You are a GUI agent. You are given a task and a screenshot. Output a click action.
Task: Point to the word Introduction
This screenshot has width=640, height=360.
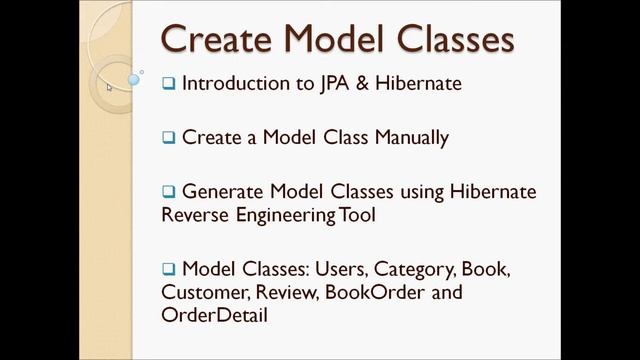[x=243, y=83]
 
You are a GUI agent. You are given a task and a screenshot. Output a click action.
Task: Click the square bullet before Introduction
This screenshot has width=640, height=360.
[x=169, y=84]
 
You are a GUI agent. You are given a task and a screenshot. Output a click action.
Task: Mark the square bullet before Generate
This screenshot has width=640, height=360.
[x=169, y=191]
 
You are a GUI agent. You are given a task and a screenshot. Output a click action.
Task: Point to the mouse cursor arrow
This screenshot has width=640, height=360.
[x=110, y=86]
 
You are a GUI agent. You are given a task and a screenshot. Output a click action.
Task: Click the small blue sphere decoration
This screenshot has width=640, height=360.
[x=133, y=78]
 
